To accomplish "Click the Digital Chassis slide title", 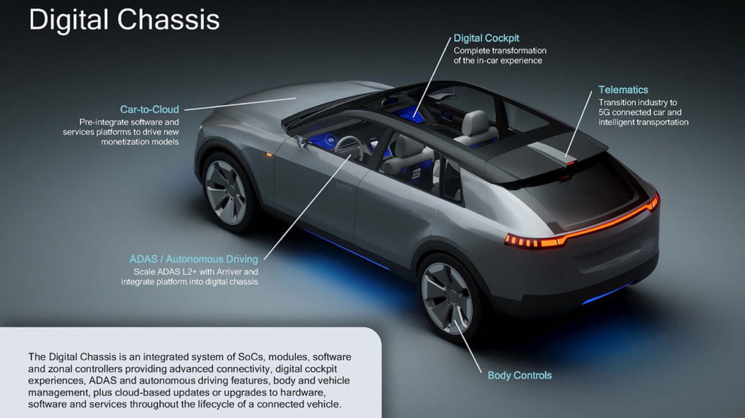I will [124, 20].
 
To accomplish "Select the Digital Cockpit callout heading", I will [486, 38].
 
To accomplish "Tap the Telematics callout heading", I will [623, 90].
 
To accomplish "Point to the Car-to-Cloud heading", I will [150, 109].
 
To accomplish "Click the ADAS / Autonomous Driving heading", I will [194, 259].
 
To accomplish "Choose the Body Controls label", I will [519, 375].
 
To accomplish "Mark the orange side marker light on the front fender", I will [269, 155].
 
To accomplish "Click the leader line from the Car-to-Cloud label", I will [240, 104].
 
